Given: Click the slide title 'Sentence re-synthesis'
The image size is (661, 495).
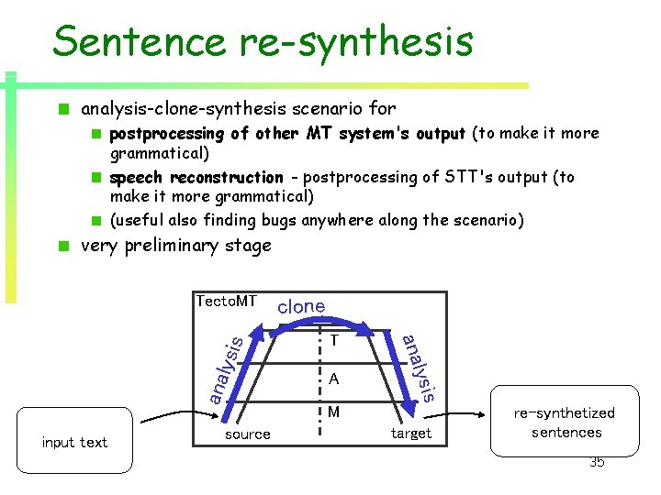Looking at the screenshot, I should point(263,41).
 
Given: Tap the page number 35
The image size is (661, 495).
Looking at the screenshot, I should point(597,462).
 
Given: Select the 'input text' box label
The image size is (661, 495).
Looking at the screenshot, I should point(74,443).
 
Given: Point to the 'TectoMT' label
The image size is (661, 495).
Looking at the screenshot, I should point(227,302).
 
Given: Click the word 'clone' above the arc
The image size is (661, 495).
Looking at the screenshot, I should point(301,306).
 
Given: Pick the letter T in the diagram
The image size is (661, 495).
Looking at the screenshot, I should point(334,341).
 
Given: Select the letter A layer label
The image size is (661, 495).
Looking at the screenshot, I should point(334,379).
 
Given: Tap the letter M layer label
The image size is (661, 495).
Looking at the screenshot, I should point(334,412).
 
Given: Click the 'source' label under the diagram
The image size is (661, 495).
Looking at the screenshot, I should point(248,434).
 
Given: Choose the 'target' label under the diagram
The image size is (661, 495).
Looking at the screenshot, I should point(410,434).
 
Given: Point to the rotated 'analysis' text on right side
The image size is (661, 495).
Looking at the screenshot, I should point(418,367).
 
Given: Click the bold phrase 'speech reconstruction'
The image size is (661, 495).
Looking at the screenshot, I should point(196,177).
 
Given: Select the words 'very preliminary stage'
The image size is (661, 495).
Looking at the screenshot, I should point(176,246).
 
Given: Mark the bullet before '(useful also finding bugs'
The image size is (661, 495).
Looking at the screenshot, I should point(95,220).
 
